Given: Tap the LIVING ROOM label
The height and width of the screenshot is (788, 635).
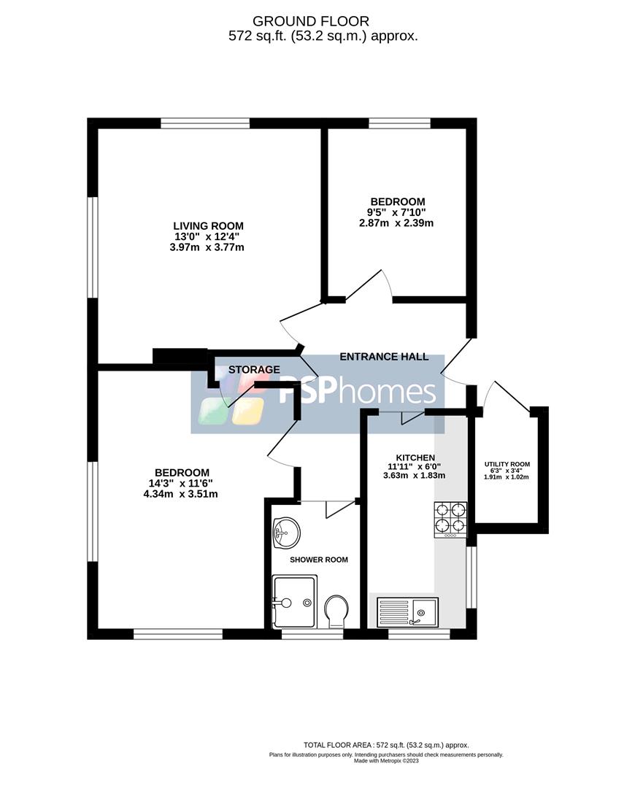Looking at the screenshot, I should pyautogui.click(x=208, y=225).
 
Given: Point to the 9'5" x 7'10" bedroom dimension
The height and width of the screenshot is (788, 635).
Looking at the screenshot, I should pyautogui.click(x=396, y=212).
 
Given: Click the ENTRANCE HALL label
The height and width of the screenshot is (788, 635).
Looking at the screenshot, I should pyautogui.click(x=384, y=357).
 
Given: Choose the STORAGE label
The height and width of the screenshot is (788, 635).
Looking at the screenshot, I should pyautogui.click(x=254, y=370).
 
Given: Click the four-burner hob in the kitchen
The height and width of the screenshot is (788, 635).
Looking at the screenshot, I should pyautogui.click(x=450, y=519).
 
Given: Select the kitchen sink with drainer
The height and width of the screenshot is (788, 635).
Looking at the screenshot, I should pyautogui.click(x=407, y=611).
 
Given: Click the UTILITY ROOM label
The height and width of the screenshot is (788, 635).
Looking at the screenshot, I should pyautogui.click(x=507, y=464).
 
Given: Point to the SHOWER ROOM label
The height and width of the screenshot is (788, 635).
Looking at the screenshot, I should pyautogui.click(x=319, y=560).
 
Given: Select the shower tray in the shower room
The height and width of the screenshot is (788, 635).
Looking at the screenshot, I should pyautogui.click(x=295, y=601).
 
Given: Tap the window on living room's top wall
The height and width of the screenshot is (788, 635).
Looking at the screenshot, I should pyautogui.click(x=205, y=123).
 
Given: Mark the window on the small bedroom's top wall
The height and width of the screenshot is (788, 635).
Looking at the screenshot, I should pyautogui.click(x=399, y=123).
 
